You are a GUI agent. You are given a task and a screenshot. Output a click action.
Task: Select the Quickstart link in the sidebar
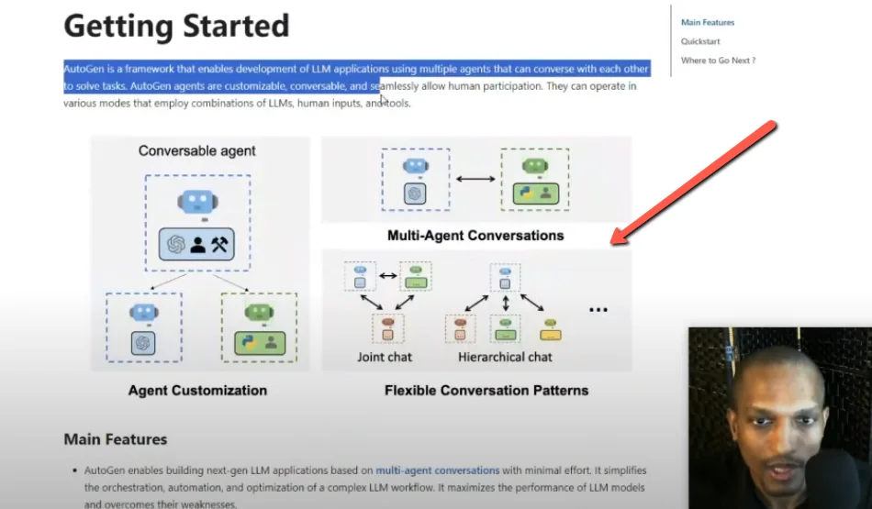(700, 41)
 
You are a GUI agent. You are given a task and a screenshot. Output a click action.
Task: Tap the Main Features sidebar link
(708, 22)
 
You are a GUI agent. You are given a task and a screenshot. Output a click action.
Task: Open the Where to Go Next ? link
(718, 61)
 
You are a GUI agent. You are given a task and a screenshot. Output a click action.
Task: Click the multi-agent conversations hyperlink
(438, 469)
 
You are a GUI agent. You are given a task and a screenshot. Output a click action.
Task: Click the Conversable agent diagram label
(197, 150)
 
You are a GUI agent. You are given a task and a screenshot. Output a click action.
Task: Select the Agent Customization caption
(197, 391)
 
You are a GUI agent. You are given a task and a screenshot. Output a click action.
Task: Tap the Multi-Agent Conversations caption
(475, 236)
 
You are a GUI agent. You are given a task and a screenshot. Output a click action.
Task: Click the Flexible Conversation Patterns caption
(486, 391)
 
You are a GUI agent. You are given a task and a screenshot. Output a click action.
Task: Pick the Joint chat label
(385, 357)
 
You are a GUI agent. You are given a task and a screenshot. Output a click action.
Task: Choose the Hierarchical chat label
(506, 357)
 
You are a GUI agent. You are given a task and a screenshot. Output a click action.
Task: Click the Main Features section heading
(116, 439)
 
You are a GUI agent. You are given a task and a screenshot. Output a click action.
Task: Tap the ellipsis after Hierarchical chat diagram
(598, 310)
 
